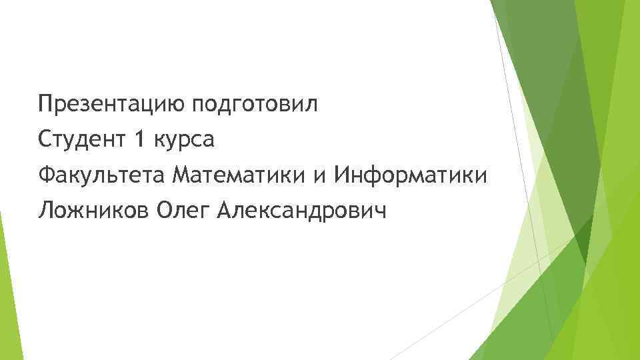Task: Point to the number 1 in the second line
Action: [139, 140]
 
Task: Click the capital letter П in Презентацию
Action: [45, 104]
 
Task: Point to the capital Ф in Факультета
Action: [46, 176]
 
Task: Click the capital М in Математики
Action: [181, 176]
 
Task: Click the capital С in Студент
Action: [45, 140]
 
